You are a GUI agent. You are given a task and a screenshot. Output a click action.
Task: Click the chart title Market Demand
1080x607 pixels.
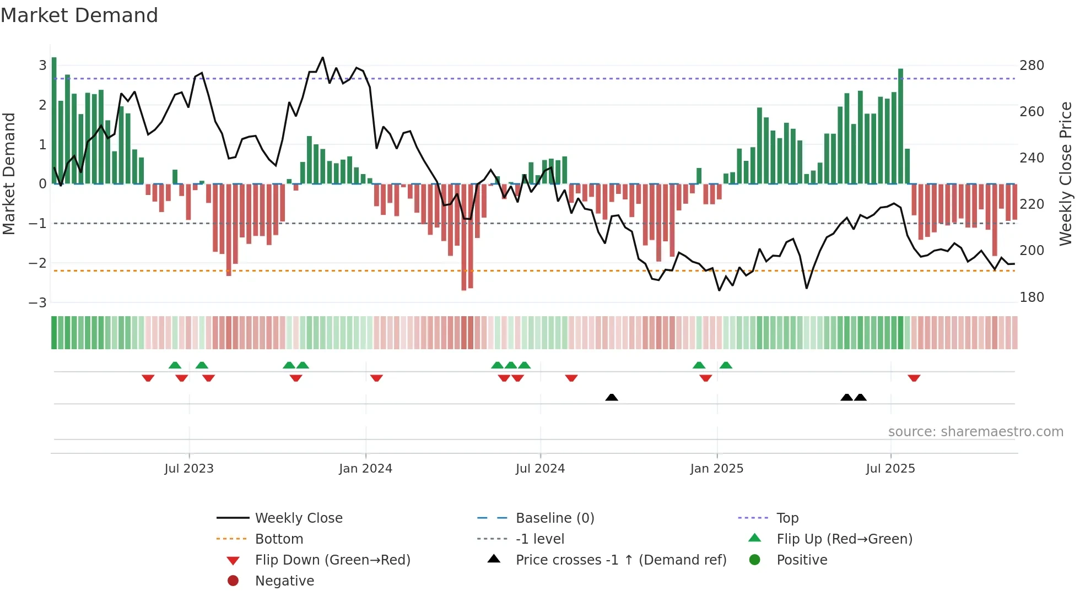(x=79, y=15)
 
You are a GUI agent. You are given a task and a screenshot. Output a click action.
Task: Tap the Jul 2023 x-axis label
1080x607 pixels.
(x=189, y=469)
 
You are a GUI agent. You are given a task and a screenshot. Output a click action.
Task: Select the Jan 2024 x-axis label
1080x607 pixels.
(x=365, y=469)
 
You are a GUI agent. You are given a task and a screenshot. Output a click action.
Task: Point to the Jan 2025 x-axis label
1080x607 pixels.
(x=716, y=469)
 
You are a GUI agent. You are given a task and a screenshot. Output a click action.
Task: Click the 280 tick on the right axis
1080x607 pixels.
(x=1032, y=66)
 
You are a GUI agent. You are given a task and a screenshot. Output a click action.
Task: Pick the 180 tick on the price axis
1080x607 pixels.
(x=1032, y=297)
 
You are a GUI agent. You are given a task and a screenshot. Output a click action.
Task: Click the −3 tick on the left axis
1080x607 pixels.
(x=38, y=302)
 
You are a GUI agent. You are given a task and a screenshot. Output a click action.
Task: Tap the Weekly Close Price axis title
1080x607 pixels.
(x=1066, y=174)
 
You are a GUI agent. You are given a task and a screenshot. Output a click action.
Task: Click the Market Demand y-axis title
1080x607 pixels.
(x=9, y=174)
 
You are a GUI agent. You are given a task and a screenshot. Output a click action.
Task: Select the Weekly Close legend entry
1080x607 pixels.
(x=298, y=518)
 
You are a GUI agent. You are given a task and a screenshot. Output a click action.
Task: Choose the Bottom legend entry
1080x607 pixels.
(x=279, y=539)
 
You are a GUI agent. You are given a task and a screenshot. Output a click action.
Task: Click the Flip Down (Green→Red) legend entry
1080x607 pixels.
(x=332, y=560)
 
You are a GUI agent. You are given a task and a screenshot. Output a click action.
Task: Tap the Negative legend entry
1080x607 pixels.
(x=284, y=581)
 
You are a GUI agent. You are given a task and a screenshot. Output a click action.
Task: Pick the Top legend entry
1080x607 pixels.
(x=787, y=518)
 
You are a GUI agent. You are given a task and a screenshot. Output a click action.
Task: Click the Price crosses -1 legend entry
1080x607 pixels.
(x=620, y=560)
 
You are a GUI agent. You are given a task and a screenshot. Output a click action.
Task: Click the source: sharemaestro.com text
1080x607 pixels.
(x=975, y=432)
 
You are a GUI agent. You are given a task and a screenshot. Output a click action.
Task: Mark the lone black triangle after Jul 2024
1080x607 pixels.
(x=612, y=397)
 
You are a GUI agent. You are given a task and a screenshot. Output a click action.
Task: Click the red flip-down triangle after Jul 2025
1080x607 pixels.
(x=914, y=378)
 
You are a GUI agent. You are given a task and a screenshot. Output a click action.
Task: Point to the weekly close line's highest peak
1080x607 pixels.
(x=323, y=58)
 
